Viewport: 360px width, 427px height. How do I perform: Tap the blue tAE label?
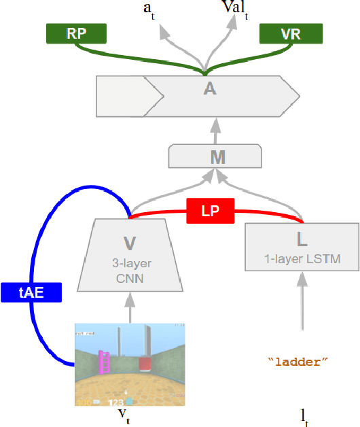click(31, 292)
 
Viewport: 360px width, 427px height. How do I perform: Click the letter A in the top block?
click(210, 88)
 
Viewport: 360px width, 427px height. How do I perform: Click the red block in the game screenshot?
click(145, 364)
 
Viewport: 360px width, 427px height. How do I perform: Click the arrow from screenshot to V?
click(129, 305)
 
